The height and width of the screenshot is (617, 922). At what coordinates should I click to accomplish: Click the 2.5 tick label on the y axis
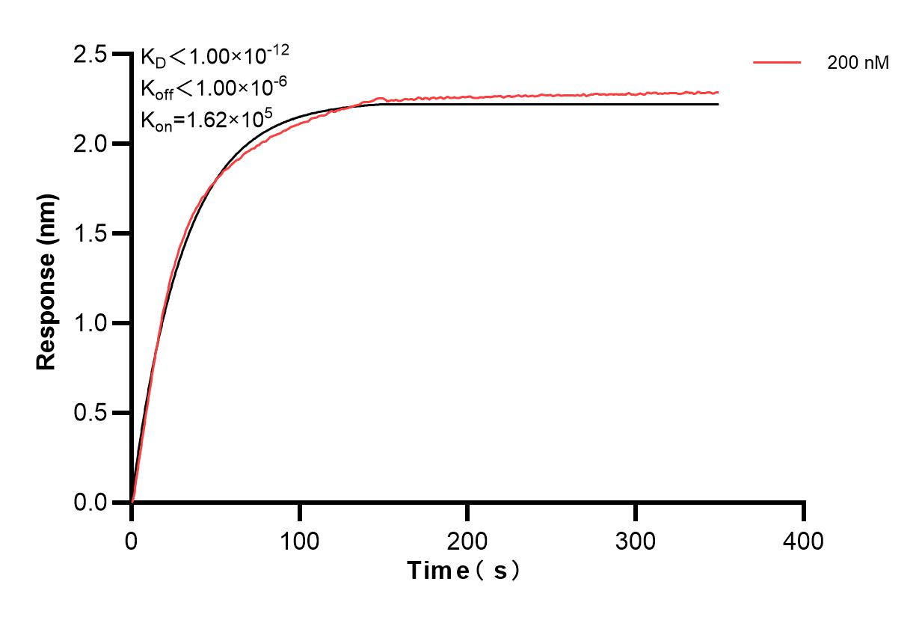click(x=90, y=55)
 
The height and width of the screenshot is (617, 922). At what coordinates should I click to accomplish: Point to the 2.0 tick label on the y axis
click(x=90, y=144)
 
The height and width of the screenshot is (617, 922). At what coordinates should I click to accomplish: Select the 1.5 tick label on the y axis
click(x=90, y=234)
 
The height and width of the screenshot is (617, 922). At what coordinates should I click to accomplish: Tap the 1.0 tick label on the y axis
click(x=90, y=324)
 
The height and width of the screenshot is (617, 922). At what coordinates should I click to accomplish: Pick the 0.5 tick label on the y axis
click(x=90, y=414)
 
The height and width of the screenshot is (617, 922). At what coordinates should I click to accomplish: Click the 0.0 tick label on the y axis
click(x=90, y=503)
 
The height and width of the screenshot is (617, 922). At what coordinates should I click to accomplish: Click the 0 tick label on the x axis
click(x=132, y=540)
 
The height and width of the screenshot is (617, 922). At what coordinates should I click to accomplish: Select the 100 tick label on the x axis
click(x=299, y=540)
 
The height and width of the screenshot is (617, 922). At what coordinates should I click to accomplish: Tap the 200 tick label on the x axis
click(x=467, y=540)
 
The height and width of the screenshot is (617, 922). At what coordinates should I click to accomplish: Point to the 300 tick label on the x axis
click(x=636, y=540)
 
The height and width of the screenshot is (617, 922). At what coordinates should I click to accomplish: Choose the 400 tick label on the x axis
click(x=804, y=540)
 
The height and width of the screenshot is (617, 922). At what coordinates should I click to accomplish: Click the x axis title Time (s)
click(x=464, y=571)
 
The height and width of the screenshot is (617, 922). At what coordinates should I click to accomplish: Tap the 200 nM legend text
click(x=858, y=64)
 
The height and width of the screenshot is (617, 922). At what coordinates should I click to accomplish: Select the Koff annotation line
click(x=212, y=88)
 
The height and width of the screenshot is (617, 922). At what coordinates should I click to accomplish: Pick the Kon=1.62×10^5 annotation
click(x=206, y=119)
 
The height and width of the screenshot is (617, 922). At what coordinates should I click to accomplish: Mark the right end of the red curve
click(x=718, y=93)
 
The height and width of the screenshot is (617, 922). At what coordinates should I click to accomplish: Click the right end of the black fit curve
click(x=718, y=104)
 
